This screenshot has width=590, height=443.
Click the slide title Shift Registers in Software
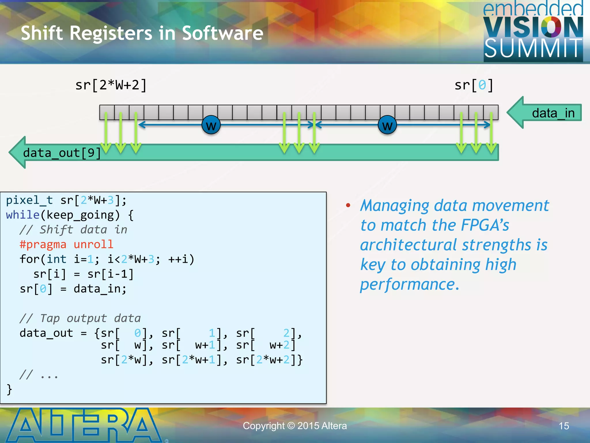[142, 33]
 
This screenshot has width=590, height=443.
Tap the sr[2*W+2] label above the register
[111, 85]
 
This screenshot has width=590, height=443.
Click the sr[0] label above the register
[474, 85]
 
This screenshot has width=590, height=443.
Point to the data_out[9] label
[62, 153]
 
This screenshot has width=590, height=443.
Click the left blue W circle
[211, 125]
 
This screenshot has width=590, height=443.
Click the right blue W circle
[387, 125]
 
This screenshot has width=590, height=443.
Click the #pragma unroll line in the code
[66, 244]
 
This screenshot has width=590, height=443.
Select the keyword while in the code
[22, 215]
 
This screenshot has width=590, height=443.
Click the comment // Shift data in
[73, 230]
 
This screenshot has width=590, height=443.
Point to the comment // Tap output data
[80, 318]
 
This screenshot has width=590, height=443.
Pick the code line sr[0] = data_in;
[73, 289]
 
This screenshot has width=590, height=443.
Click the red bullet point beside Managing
[348, 205]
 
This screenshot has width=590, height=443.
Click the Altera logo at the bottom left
[84, 425]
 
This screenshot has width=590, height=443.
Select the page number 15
[564, 426]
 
